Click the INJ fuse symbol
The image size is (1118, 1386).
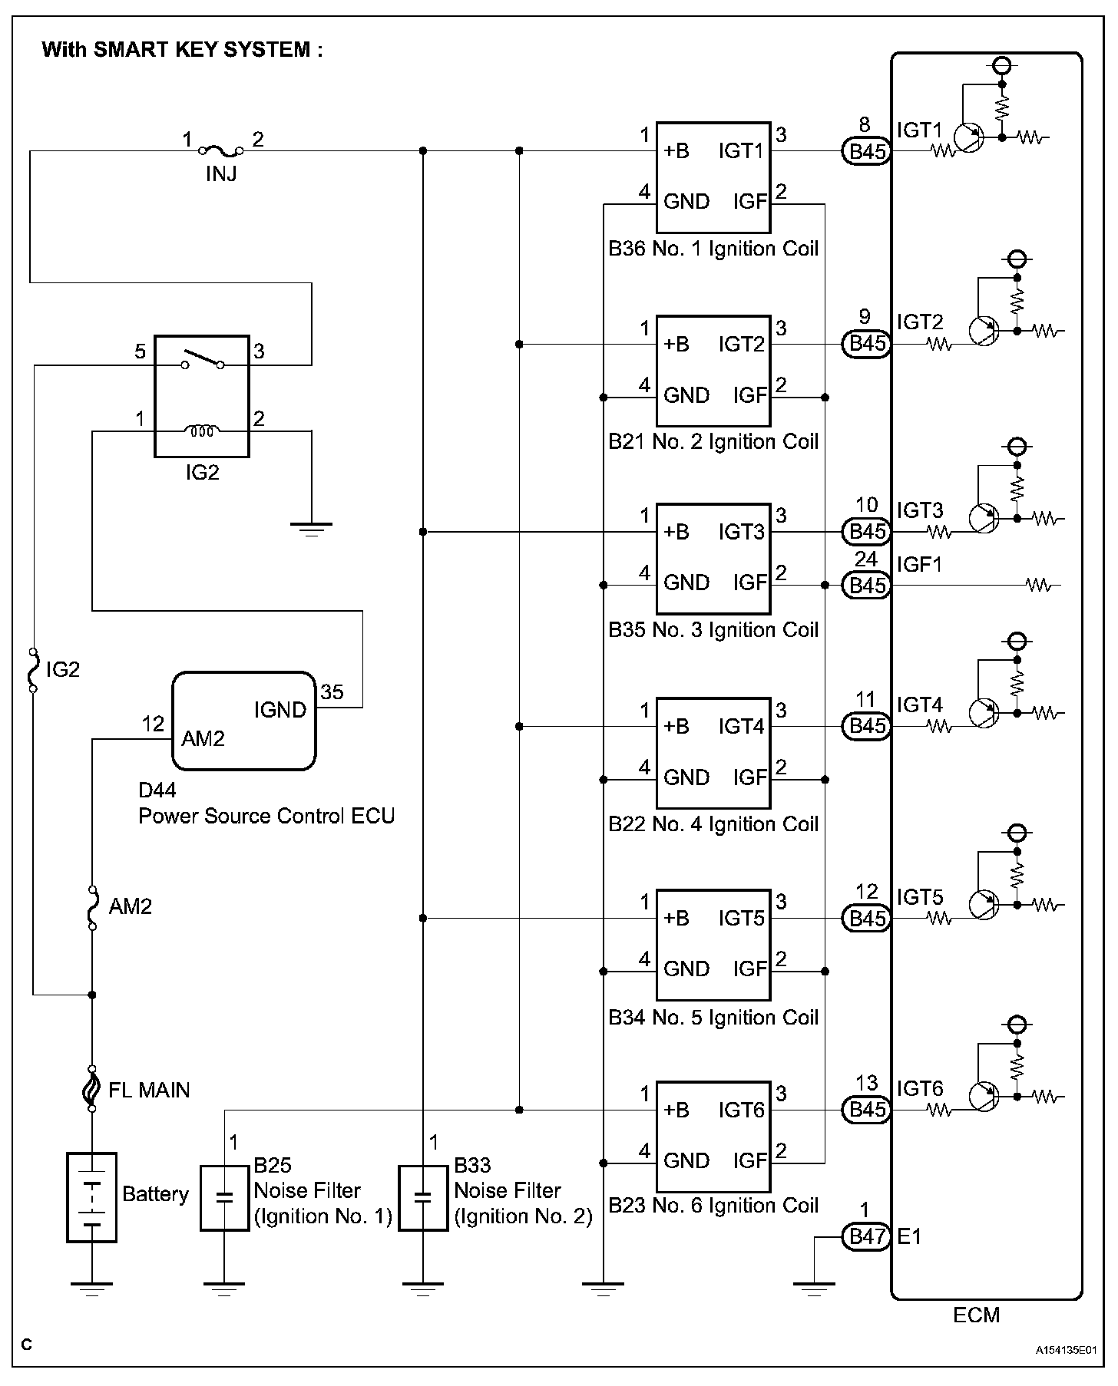(221, 150)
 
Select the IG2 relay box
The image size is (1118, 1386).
(202, 396)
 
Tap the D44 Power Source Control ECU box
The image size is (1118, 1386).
(243, 721)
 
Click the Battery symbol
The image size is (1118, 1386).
(92, 1196)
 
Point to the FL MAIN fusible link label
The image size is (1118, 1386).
(149, 1090)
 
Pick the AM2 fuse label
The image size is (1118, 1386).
(131, 907)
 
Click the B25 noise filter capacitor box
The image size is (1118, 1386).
(224, 1197)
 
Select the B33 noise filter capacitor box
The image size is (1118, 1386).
(422, 1197)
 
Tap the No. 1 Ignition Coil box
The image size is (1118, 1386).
(713, 177)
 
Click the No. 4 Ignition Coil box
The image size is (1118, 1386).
(713, 752)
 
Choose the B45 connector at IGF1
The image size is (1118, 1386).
(867, 586)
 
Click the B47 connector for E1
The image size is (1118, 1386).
(867, 1236)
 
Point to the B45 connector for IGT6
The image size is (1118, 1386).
(867, 1110)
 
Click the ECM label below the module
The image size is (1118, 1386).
(976, 1315)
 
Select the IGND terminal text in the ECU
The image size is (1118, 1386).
(280, 710)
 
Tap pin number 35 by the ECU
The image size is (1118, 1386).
(332, 692)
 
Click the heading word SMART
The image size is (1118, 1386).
(127, 50)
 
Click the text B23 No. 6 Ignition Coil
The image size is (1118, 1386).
(713, 1206)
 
